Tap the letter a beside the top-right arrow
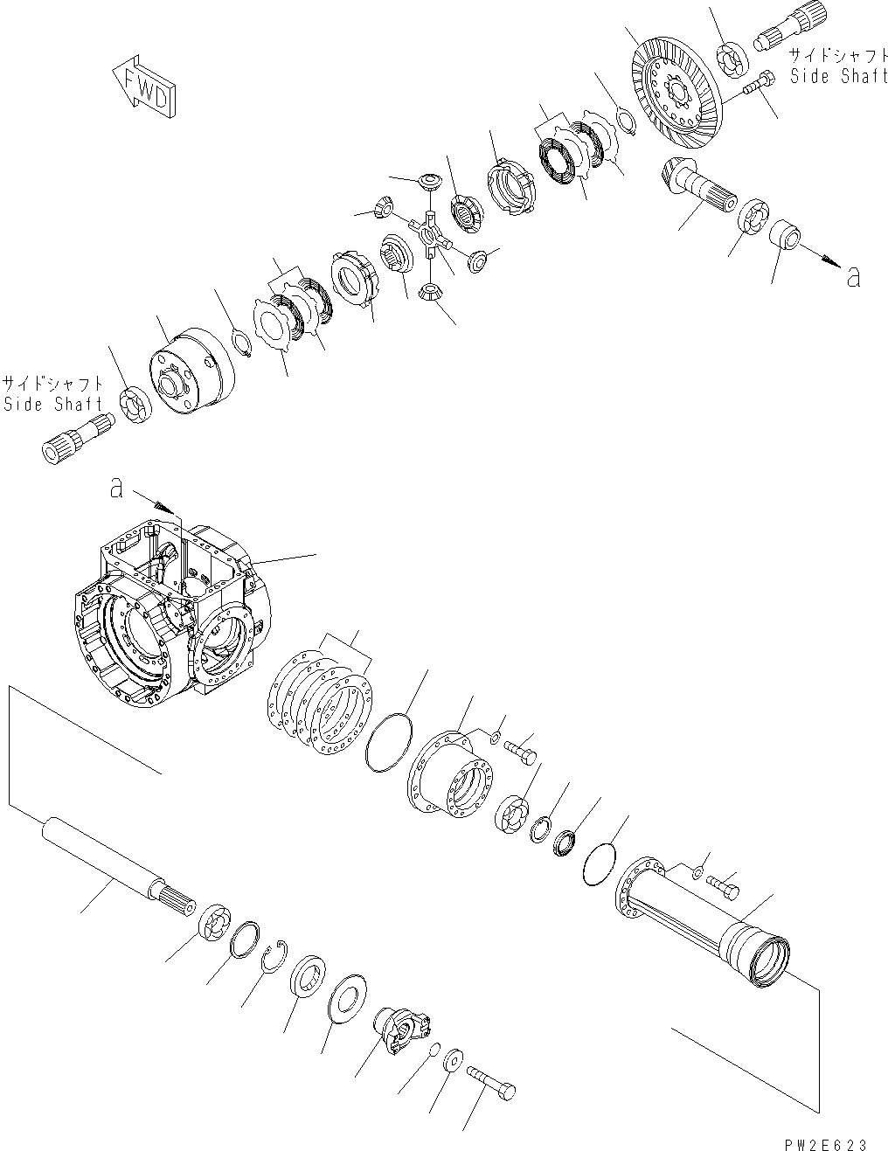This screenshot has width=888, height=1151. pyautogui.click(x=853, y=277)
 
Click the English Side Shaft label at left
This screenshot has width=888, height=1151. pyautogui.click(x=52, y=404)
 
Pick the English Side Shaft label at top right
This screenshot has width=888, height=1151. pyautogui.click(x=837, y=77)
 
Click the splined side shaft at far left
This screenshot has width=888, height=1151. pyautogui.click(x=77, y=437)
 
